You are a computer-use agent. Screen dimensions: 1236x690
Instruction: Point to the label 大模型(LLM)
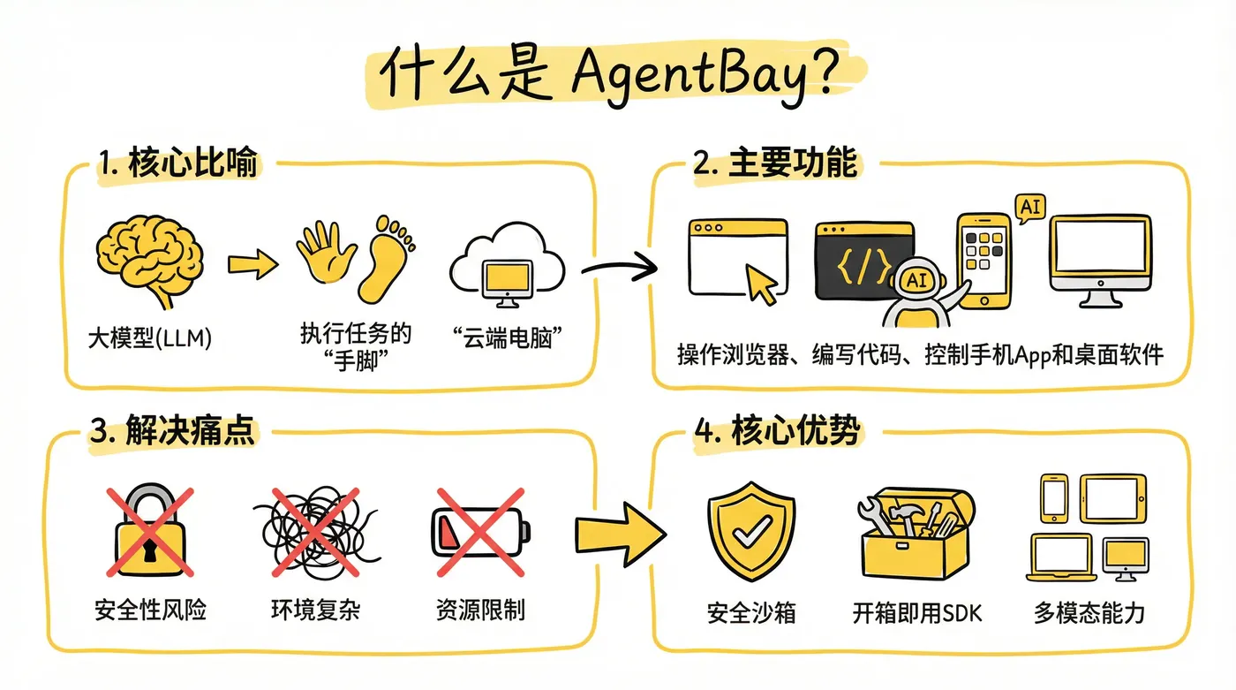coord(151,337)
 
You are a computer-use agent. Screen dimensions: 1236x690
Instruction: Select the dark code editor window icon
coord(861,261)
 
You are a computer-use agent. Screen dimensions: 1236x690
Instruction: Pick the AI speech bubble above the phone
coord(1029,208)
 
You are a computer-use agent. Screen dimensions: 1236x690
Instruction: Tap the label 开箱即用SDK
coord(917,612)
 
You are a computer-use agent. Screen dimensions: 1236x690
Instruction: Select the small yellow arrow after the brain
coord(252,262)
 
